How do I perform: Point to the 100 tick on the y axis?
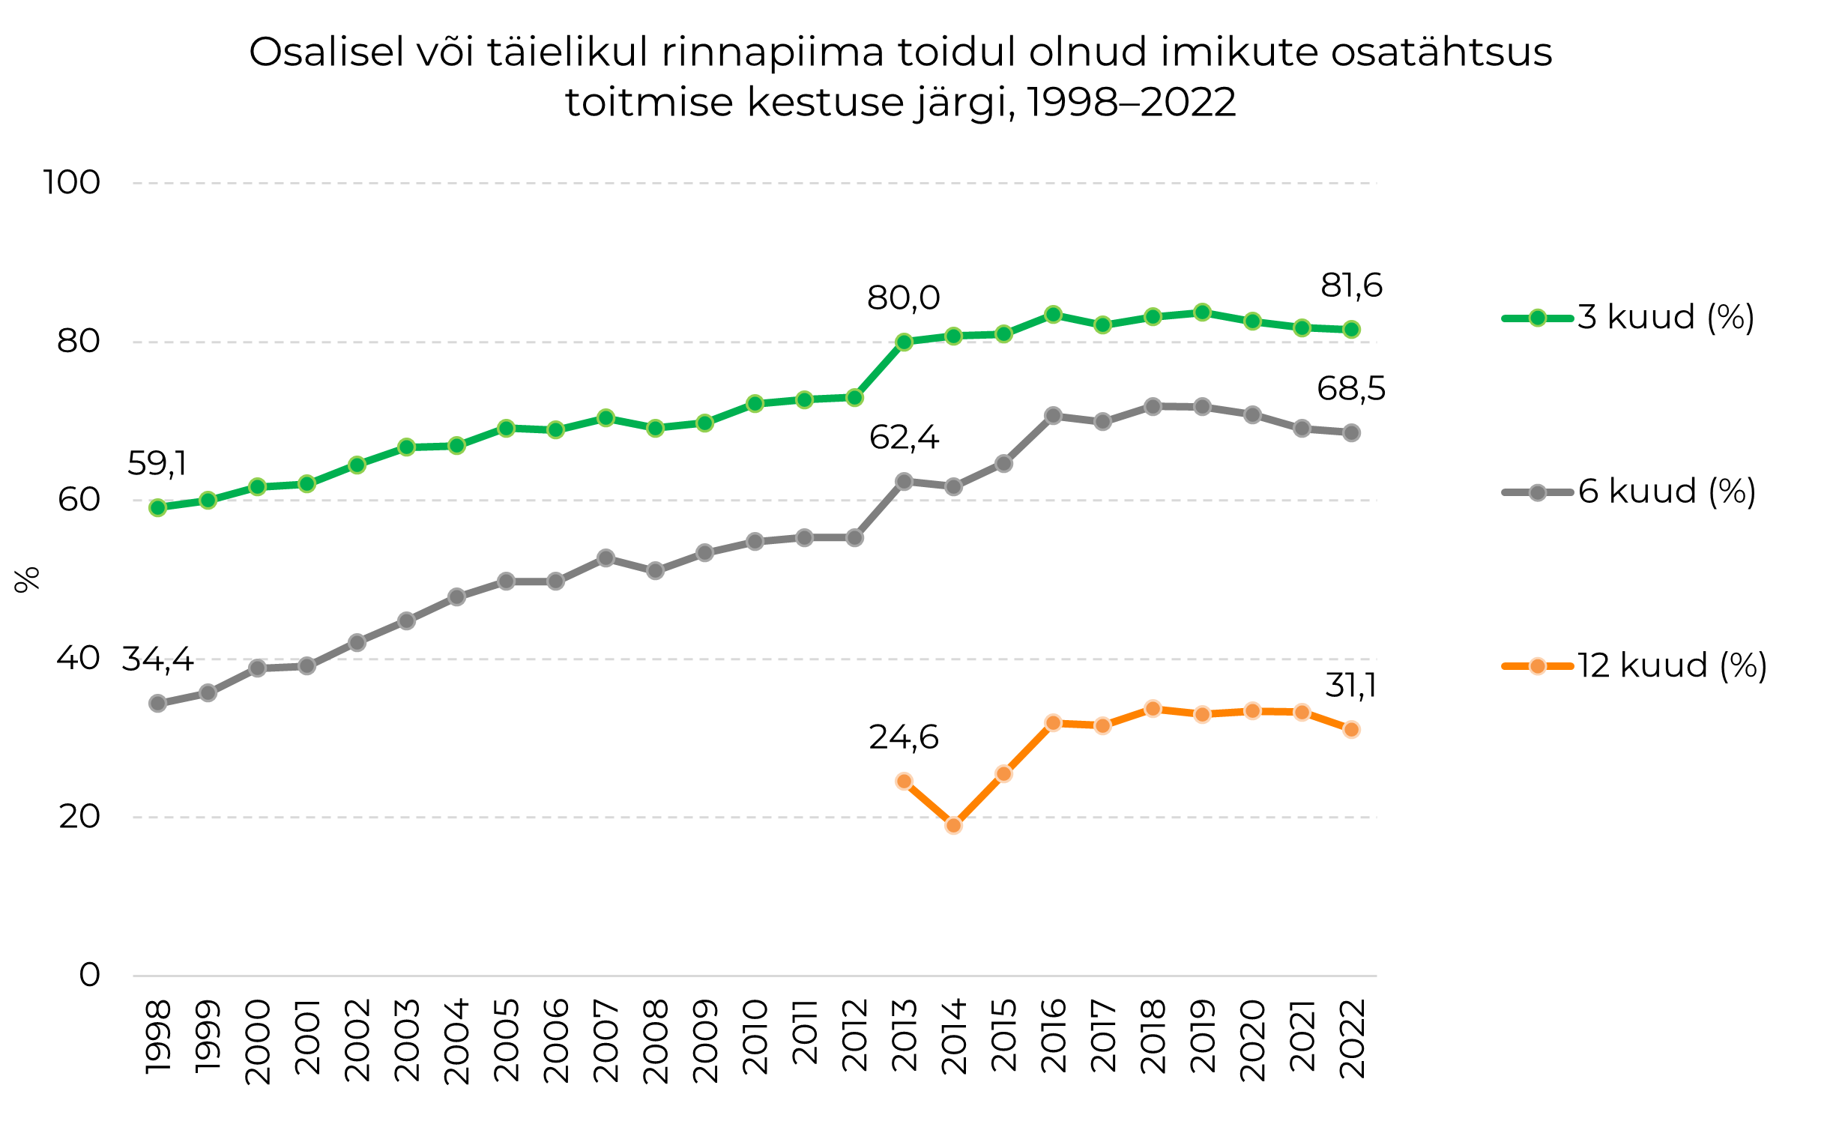(x=72, y=183)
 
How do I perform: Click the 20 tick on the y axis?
(x=79, y=817)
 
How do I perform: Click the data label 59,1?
(x=157, y=464)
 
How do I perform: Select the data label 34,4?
(x=157, y=659)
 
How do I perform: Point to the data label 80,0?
(x=903, y=298)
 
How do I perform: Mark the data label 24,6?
(x=903, y=738)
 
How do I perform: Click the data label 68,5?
(x=1351, y=389)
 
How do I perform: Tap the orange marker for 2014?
(x=954, y=826)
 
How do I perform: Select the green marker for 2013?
(x=904, y=342)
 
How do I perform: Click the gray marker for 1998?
(x=157, y=703)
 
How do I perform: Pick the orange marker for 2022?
(x=1351, y=730)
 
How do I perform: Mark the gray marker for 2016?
(x=1053, y=416)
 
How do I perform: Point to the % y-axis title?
(x=27, y=579)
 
